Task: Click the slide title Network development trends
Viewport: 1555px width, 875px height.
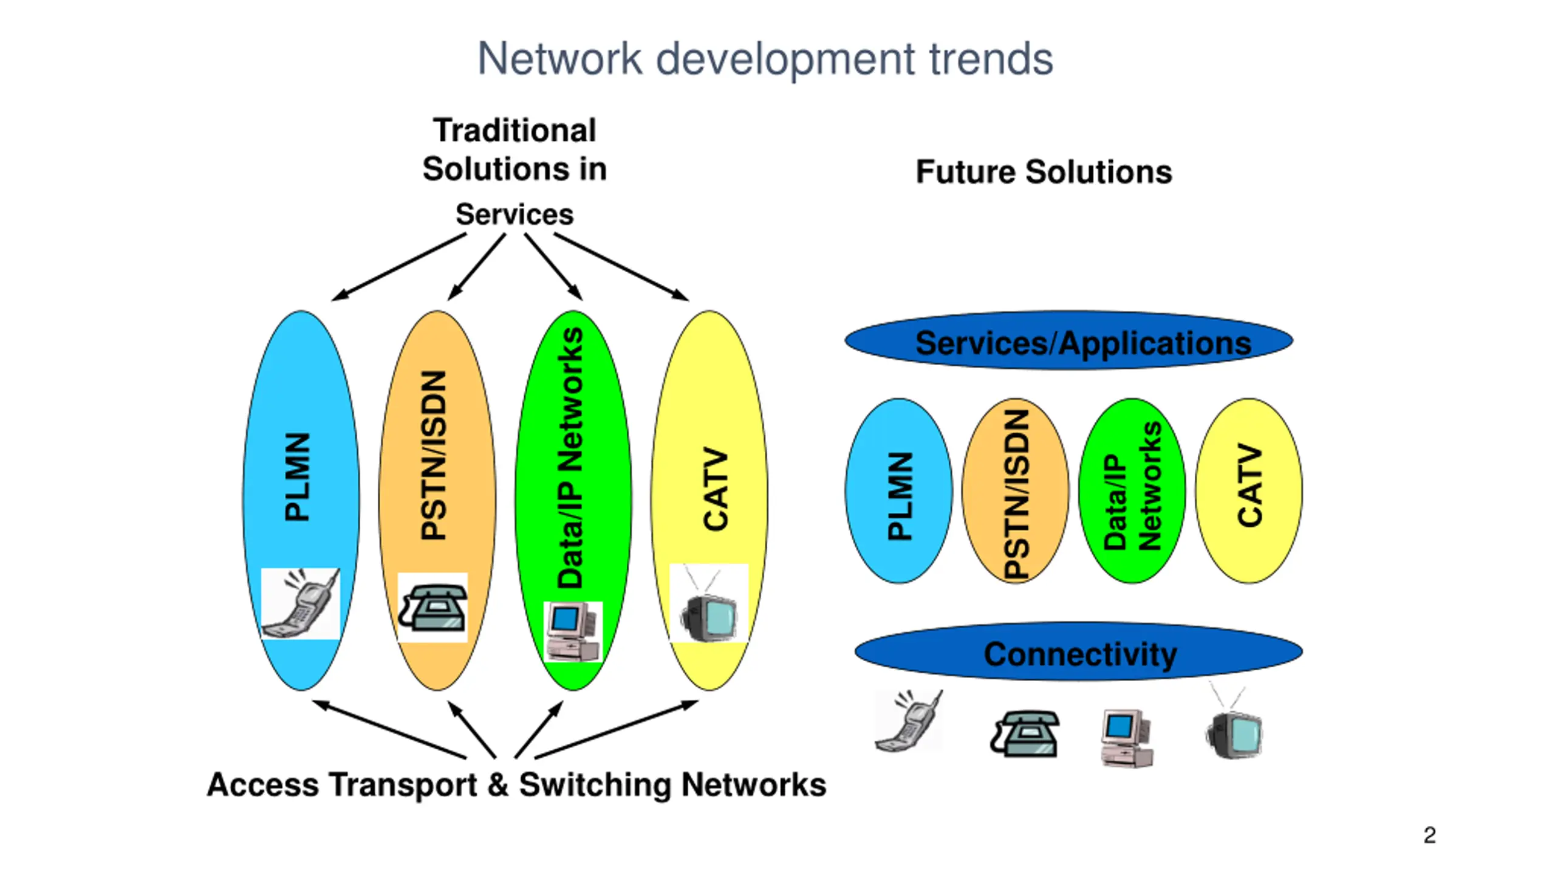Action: [765, 59]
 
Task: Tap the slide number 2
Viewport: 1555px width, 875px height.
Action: [1429, 835]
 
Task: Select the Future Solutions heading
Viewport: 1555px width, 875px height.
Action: [1044, 172]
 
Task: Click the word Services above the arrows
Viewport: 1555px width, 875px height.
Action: [514, 214]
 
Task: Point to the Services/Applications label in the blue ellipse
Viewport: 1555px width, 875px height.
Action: [1083, 343]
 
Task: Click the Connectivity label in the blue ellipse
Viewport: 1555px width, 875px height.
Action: [1080, 654]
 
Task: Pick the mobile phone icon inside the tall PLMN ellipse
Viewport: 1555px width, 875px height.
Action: [301, 603]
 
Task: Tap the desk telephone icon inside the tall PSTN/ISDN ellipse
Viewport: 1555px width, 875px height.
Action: [432, 608]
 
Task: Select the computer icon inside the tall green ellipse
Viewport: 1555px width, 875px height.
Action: [573, 631]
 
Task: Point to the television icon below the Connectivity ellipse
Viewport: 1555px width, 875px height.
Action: [1234, 729]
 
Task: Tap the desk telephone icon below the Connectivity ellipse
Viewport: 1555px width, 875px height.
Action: [1025, 733]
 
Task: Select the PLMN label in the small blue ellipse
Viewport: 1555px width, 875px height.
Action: [900, 495]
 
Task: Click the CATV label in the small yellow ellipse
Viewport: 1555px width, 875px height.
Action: [1250, 485]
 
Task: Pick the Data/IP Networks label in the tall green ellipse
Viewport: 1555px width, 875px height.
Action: [571, 457]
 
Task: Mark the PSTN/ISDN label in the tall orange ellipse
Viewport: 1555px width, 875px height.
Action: [435, 455]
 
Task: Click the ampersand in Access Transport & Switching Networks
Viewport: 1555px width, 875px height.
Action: [497, 784]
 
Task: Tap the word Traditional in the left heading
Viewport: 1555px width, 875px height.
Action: [514, 131]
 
